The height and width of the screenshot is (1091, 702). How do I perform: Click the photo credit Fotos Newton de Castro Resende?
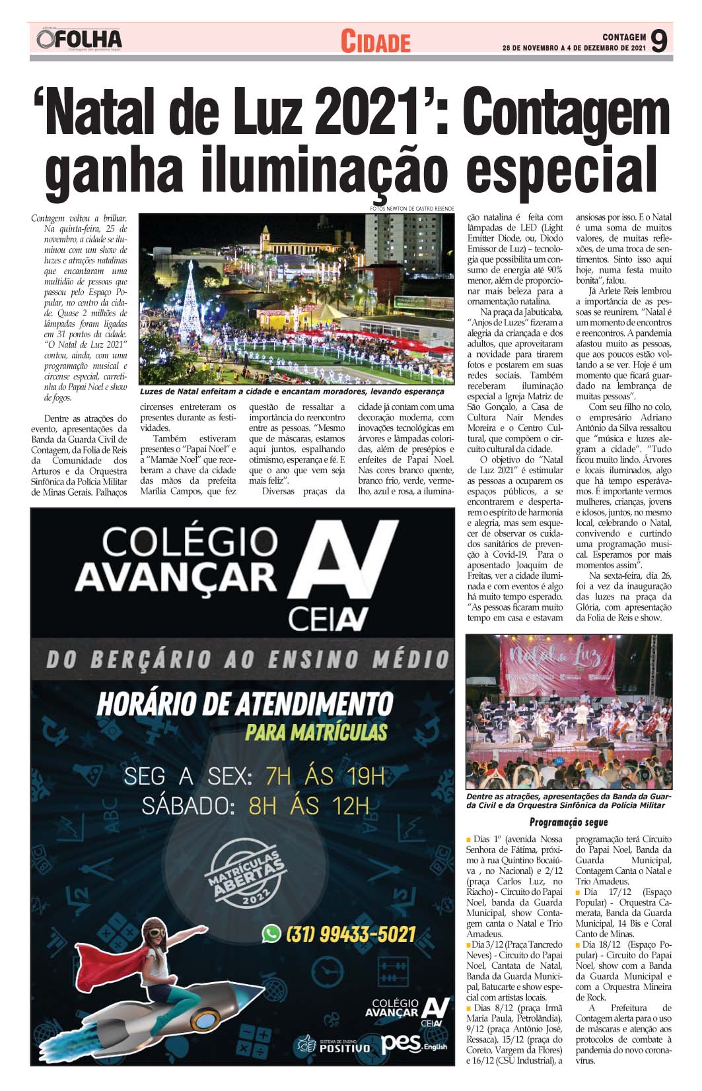tap(412, 209)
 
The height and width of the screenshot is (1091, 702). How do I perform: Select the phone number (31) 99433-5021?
tap(351, 934)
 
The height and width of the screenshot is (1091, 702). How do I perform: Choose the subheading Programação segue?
tap(568, 822)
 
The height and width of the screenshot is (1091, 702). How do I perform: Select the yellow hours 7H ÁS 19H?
tap(324, 776)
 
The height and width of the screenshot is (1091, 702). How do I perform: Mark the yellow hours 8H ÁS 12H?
tap(308, 806)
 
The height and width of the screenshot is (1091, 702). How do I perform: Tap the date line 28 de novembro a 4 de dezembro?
tap(573, 48)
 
